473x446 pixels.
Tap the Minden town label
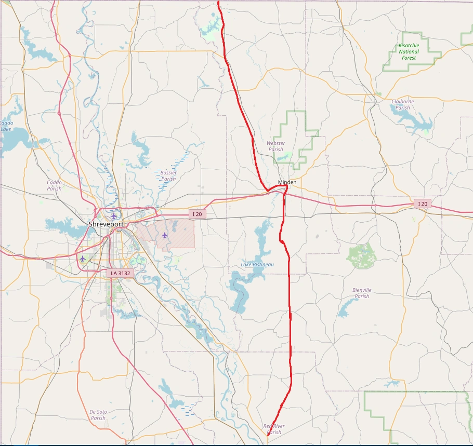tap(287, 182)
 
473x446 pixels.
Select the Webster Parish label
tap(275, 146)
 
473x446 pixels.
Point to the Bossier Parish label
tap(168, 175)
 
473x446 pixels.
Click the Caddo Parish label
tap(54, 185)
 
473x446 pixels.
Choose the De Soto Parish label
tap(98, 415)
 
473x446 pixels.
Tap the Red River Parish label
tap(274, 429)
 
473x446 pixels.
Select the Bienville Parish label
tap(362, 293)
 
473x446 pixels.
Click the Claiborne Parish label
tap(403, 105)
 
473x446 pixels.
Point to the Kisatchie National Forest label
tap(409, 52)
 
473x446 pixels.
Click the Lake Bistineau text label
tap(257, 265)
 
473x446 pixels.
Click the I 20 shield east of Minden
tap(423, 204)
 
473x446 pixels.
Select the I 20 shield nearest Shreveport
tap(197, 214)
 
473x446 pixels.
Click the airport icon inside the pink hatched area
tap(165, 235)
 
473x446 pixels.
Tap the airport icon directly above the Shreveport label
tap(114, 215)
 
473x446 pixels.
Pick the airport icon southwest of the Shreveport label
tap(82, 259)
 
